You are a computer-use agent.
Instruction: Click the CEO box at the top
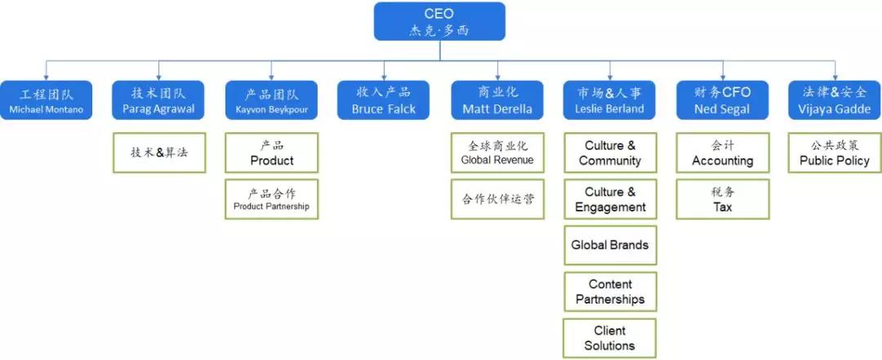(x=439, y=22)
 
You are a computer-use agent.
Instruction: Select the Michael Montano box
(x=46, y=100)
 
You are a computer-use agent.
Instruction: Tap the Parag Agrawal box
(x=158, y=100)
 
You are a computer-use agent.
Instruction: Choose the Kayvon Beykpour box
(x=271, y=100)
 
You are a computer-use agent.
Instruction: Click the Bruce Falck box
(x=384, y=100)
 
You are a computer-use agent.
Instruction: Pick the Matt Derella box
(x=497, y=100)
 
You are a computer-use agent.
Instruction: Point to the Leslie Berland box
(x=609, y=100)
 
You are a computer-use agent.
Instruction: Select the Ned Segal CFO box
(x=722, y=100)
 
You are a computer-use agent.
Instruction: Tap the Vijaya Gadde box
(x=835, y=100)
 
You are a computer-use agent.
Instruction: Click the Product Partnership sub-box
(x=271, y=199)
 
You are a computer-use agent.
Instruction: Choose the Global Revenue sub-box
(x=497, y=153)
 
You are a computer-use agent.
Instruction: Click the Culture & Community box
(x=609, y=153)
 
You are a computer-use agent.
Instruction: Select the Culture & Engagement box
(x=609, y=199)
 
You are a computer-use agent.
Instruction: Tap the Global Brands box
(x=609, y=245)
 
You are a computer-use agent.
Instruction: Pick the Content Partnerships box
(x=609, y=291)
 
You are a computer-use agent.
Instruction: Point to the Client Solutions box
(x=609, y=338)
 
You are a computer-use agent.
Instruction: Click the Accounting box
(x=722, y=153)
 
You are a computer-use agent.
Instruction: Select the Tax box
(x=722, y=199)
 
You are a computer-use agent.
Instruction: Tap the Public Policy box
(x=835, y=153)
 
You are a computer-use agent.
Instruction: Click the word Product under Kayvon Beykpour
(x=271, y=161)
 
